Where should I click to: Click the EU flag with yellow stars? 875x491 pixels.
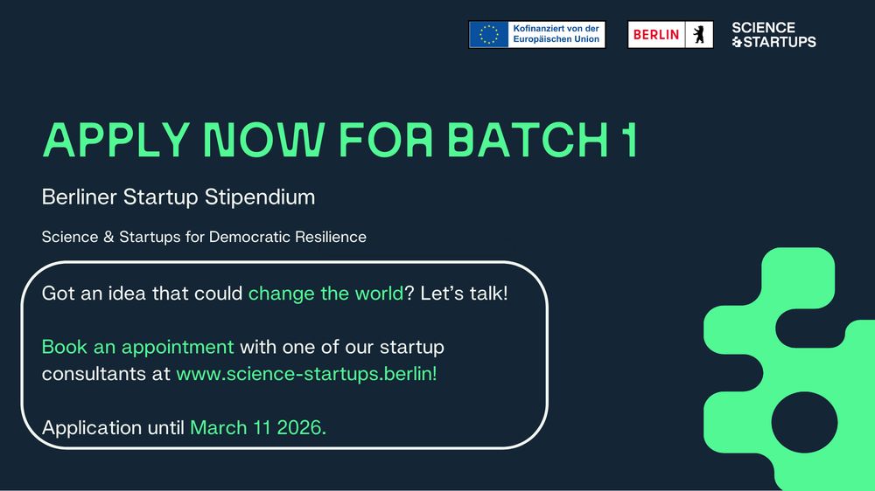[489, 35]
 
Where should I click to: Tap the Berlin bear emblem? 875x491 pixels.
[698, 35]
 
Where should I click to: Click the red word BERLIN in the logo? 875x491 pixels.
[655, 35]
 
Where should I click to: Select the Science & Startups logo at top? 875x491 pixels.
[773, 35]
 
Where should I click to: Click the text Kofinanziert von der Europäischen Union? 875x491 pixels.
[556, 34]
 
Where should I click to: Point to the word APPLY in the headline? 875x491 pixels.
[116, 139]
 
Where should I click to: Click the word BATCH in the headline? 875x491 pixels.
[528, 139]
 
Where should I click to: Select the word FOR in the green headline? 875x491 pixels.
[386, 139]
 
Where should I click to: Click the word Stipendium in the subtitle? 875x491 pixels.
[260, 197]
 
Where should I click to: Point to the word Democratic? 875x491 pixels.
[249, 237]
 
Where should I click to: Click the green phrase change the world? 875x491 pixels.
[325, 294]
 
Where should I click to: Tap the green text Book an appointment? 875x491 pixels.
[138, 347]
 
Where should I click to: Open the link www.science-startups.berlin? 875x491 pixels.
[306, 373]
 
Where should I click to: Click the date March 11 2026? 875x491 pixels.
[258, 427]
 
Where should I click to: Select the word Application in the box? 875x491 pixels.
[92, 428]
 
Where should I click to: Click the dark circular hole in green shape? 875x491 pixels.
[804, 422]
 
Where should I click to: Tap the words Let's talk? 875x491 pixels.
[464, 294]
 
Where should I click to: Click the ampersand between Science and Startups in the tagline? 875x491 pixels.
[108, 237]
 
